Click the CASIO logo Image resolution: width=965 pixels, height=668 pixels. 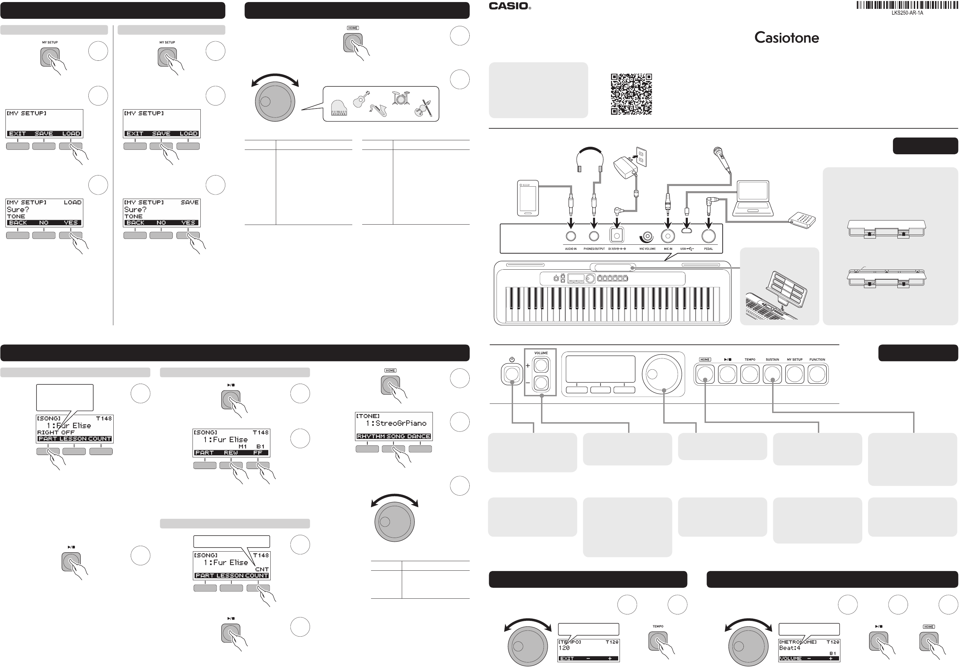509,6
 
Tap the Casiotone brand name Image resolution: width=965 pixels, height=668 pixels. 786,38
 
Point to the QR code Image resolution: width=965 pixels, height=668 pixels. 631,94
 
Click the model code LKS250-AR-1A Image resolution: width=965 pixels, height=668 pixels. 907,13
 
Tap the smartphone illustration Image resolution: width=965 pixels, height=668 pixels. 528,198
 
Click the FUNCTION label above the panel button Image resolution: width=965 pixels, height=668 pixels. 817,359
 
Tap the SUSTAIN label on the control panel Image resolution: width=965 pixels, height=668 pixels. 772,359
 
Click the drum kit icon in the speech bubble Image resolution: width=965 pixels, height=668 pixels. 400,98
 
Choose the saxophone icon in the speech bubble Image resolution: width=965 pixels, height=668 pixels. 378,110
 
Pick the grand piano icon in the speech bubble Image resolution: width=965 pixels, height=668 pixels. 339,108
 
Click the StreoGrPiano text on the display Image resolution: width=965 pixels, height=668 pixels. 400,423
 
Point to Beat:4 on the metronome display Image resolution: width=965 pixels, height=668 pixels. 789,648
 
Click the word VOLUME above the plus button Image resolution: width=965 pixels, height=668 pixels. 541,353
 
